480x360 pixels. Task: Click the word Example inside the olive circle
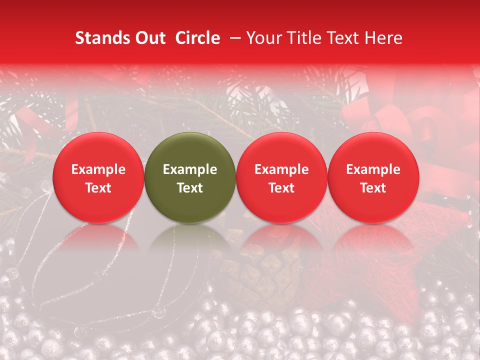(190, 169)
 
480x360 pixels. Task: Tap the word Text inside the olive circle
(190, 188)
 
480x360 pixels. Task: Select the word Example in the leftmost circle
(98, 169)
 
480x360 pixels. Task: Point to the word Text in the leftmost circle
(98, 188)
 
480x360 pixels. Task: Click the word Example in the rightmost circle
(373, 169)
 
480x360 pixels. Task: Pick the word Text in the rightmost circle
(373, 188)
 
